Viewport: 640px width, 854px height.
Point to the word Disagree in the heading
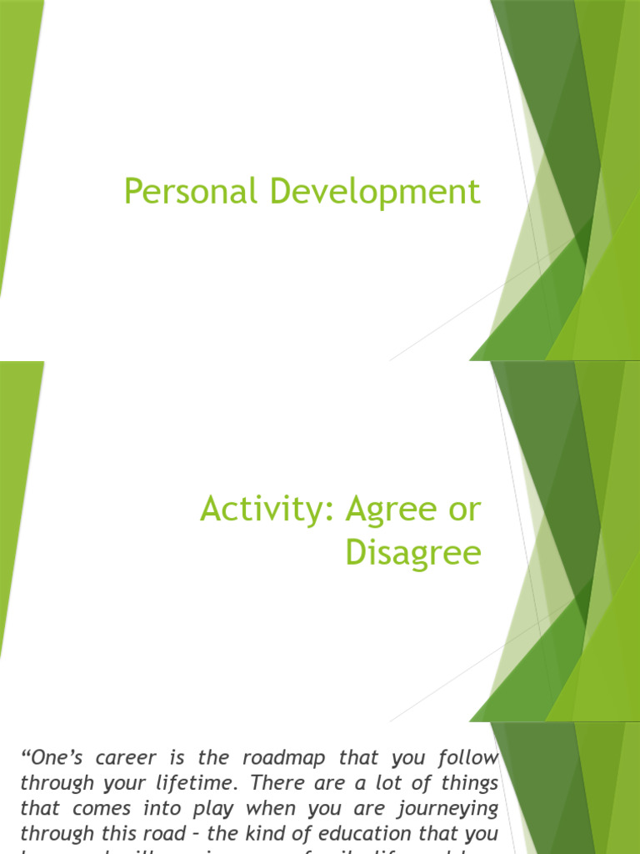click(413, 554)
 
